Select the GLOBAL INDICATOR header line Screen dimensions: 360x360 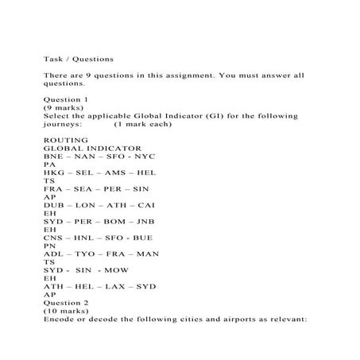(92, 148)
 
